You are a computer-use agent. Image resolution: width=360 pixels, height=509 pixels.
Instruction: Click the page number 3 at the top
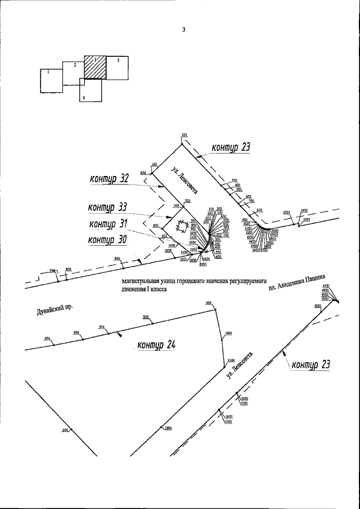(x=183, y=30)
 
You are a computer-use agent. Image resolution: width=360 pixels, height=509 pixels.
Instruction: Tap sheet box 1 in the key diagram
(x=51, y=80)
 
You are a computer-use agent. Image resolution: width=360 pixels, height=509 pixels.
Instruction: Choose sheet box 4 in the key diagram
(x=90, y=91)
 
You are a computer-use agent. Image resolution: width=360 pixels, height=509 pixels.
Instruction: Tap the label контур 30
(x=107, y=240)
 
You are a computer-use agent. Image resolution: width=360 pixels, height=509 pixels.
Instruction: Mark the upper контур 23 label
(x=231, y=148)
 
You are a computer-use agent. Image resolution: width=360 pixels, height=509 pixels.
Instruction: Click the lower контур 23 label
(x=310, y=364)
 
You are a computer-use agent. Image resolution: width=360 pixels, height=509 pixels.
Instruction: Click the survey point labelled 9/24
(x=209, y=304)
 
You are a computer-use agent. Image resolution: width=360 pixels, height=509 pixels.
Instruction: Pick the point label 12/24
(x=168, y=427)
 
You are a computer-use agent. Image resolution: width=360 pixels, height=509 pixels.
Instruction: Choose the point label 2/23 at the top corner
(x=184, y=136)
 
